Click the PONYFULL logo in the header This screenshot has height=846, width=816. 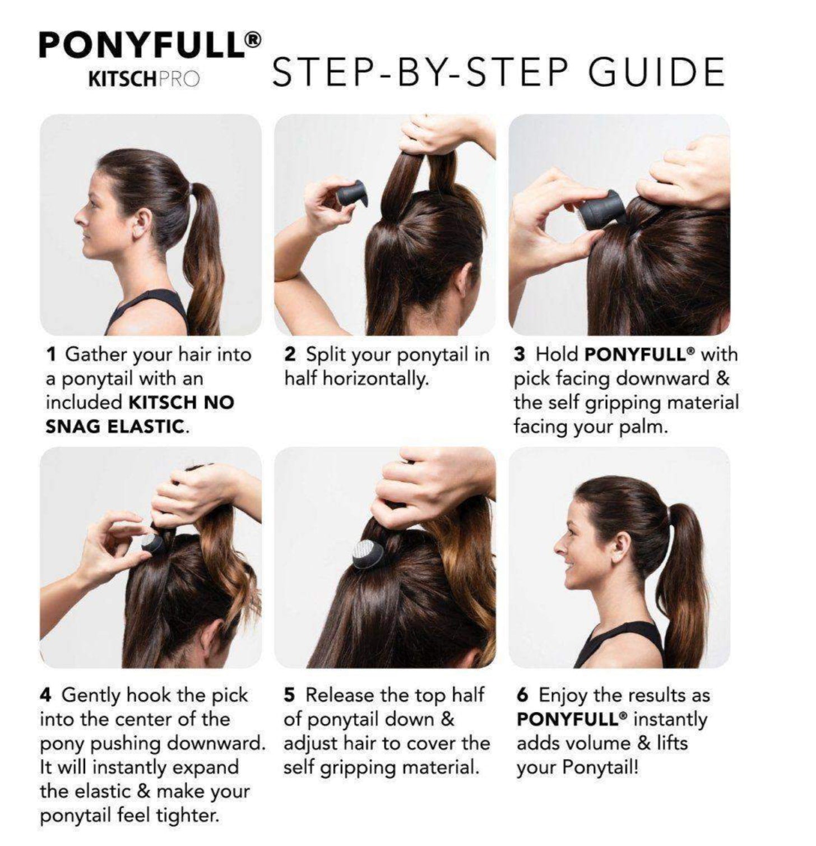[150, 45]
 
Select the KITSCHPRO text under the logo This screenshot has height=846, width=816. [144, 79]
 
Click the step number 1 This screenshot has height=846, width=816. [51, 354]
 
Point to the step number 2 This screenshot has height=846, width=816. [290, 354]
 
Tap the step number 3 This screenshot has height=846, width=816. [520, 354]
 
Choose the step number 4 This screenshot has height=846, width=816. [46, 695]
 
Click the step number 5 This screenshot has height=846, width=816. [289, 695]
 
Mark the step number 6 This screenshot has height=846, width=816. [522, 695]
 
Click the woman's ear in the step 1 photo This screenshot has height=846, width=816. [140, 224]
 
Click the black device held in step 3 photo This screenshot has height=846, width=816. [601, 210]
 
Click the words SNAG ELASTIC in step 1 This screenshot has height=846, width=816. [114, 427]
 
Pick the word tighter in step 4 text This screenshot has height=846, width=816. [188, 816]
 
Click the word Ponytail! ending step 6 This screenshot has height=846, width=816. [600, 768]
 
